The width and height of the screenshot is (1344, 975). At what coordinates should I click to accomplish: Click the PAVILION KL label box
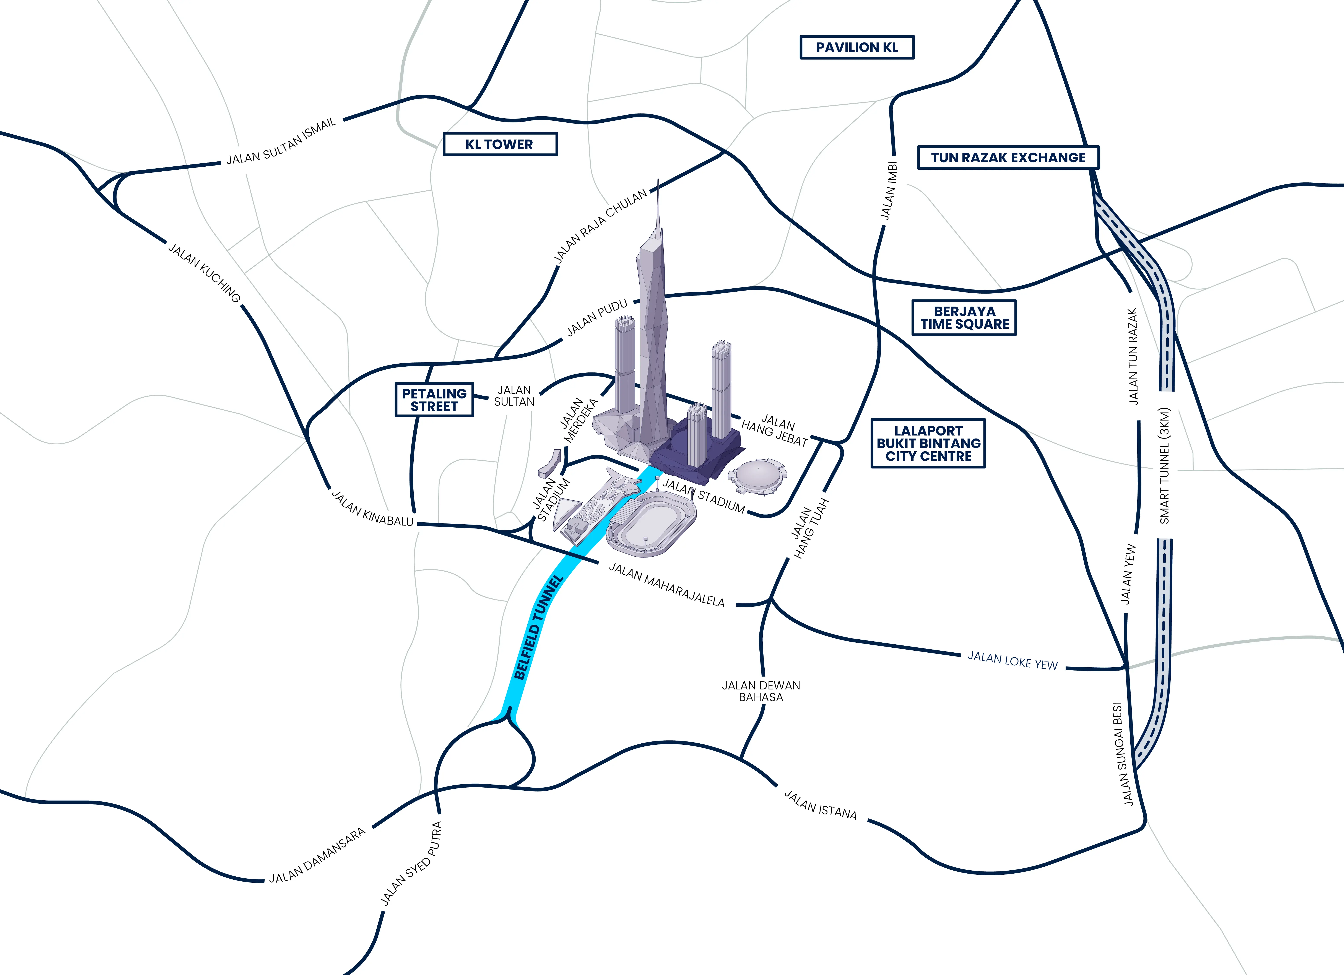pos(857,47)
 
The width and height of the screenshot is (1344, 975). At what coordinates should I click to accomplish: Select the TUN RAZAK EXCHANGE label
pos(1008,158)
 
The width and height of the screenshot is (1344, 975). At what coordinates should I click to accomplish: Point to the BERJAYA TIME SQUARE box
pos(964,318)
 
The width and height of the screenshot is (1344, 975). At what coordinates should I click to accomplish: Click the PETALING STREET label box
pos(434,400)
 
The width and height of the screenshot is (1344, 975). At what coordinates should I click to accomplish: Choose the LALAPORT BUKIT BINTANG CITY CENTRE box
pos(928,443)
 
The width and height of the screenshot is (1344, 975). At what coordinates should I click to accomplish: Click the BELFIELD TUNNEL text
pos(538,627)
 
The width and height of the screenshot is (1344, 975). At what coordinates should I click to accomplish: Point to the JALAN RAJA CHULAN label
pos(600,226)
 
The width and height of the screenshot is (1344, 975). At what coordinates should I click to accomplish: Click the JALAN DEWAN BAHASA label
pos(761,691)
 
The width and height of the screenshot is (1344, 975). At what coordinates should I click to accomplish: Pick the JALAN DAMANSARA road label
pos(318,856)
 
